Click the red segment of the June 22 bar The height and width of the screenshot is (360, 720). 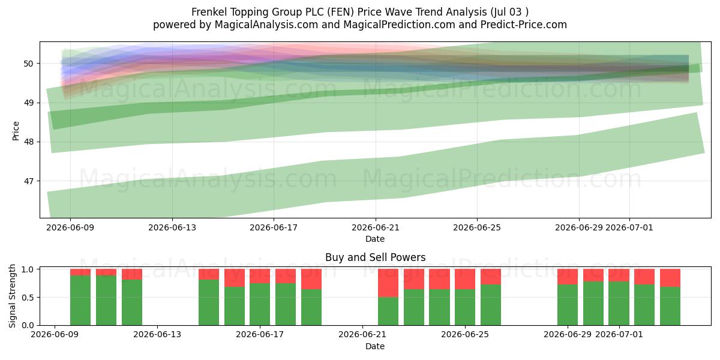[x=388, y=283]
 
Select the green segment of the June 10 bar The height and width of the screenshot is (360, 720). [x=80, y=300]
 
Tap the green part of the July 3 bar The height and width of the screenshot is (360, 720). [x=670, y=306]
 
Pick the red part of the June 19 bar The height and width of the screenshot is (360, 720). [x=311, y=279]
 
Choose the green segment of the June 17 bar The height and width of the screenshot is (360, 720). [x=260, y=304]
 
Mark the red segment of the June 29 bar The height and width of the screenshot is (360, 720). [x=568, y=277]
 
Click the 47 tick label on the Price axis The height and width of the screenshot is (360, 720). [x=28, y=181]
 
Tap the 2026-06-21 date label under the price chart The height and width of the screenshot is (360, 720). [x=376, y=228]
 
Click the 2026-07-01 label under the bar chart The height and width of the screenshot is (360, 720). [x=619, y=335]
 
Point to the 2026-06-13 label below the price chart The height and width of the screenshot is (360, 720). [x=172, y=228]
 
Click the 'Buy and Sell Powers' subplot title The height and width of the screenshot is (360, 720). [x=376, y=257]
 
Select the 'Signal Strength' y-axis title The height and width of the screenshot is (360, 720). [x=12, y=296]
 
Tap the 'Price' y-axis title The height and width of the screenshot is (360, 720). [x=16, y=131]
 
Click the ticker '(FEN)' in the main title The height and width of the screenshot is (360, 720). [x=341, y=12]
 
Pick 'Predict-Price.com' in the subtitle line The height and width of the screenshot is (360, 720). [x=524, y=25]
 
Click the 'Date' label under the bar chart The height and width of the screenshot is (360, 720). [x=375, y=346]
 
